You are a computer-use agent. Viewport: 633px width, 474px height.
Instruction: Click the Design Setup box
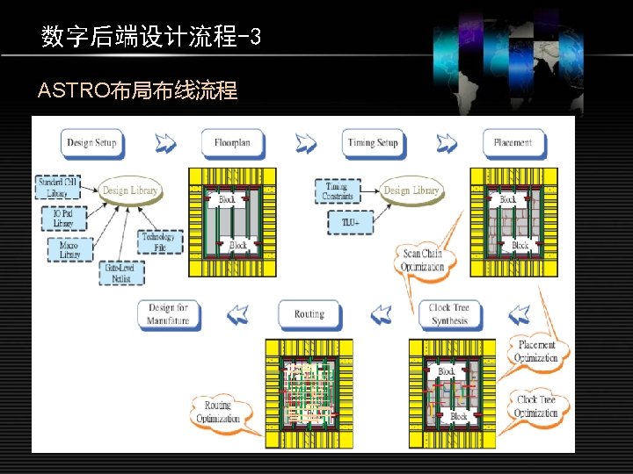point(91,142)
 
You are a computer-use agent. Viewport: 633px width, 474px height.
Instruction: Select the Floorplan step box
point(233,142)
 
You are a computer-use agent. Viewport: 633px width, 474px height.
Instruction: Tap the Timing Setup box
point(373,142)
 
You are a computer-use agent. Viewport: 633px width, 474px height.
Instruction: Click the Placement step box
point(513,142)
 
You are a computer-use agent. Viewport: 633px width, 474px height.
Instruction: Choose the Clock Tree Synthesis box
point(448,314)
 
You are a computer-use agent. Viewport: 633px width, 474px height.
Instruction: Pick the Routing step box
point(309,314)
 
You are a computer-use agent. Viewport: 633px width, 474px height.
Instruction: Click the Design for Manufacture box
point(168,314)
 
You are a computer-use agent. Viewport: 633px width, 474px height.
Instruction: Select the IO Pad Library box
point(62,217)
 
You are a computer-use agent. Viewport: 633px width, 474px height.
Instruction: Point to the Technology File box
point(158,241)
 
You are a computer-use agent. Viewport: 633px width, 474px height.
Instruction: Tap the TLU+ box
point(350,223)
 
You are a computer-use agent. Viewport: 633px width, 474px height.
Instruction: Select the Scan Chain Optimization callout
point(423,260)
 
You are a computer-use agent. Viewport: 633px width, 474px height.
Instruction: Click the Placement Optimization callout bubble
point(537,351)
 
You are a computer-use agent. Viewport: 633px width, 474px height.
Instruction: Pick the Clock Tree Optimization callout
point(537,406)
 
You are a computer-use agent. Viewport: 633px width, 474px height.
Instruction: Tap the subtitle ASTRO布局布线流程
point(138,90)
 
